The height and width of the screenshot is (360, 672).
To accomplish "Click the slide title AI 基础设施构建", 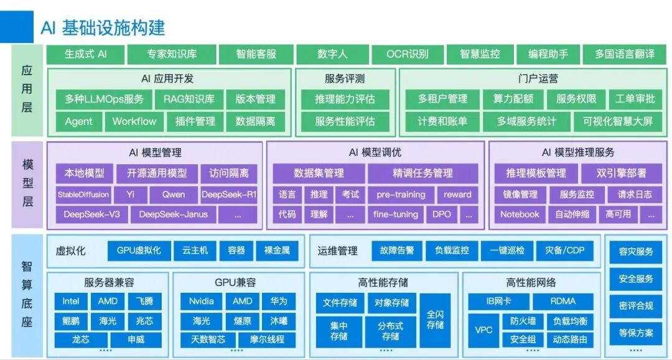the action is tap(103, 27).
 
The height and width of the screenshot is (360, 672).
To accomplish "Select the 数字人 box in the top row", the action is tap(332, 54).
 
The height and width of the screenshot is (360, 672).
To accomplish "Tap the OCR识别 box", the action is tap(408, 54).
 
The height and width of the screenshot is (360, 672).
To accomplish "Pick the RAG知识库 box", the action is tap(189, 99).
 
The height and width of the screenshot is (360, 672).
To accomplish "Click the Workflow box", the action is tap(134, 121).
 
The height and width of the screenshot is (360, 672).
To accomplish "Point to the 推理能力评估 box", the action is tap(345, 99).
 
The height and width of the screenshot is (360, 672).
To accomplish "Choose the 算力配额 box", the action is tap(513, 99).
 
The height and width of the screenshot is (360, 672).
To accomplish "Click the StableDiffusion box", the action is tap(83, 195).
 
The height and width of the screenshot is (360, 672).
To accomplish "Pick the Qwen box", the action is tap(174, 195).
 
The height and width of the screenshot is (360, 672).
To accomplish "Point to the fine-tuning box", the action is tap(396, 215).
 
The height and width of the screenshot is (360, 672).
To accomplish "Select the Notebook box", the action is tap(520, 215).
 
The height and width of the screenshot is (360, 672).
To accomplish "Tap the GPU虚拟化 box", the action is tap(139, 251).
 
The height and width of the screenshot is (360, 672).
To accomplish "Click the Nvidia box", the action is tap(201, 302).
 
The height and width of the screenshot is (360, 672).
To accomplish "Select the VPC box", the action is tap(483, 330).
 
